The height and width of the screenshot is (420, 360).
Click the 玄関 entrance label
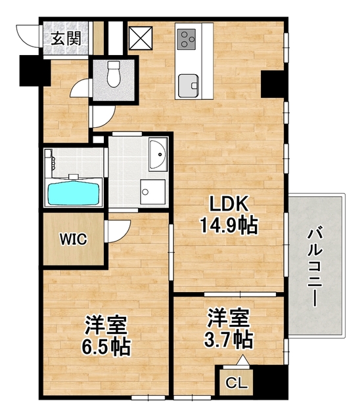(66, 37)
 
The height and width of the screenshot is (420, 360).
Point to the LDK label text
(227, 204)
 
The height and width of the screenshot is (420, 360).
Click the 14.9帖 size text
(228, 226)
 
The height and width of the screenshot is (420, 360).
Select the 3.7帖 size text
(228, 340)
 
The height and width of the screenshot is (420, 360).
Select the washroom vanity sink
(158, 155)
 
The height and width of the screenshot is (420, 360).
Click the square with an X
(140, 37)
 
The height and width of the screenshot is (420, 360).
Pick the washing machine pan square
(153, 192)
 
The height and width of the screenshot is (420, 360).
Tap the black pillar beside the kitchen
(271, 83)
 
